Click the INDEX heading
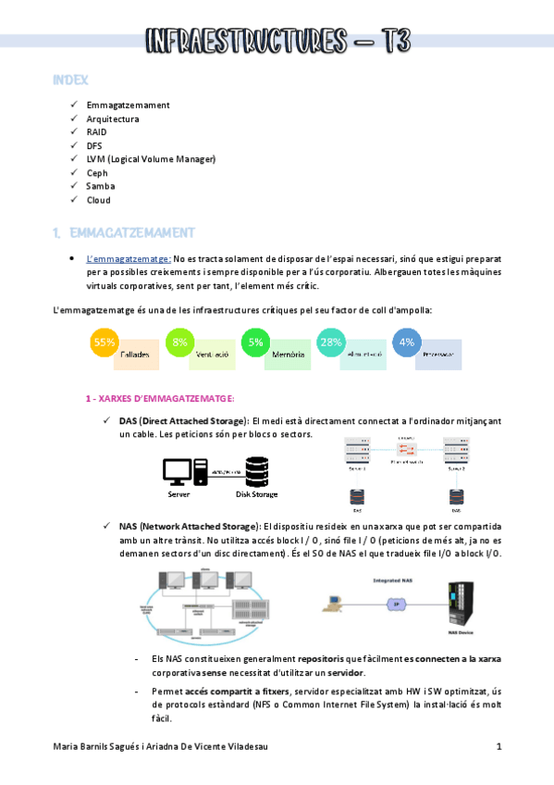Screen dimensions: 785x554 tap(70, 81)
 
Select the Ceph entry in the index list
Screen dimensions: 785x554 tap(98, 172)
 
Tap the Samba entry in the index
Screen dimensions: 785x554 tap(101, 186)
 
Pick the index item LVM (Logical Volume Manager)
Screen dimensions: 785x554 tap(151, 159)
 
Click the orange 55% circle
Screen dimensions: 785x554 tap(105, 342)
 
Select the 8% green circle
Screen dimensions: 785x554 tap(179, 342)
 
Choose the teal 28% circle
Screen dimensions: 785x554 tap(330, 342)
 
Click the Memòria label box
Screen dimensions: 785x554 tap(288, 355)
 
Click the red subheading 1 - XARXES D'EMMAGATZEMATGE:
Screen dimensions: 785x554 tap(159, 398)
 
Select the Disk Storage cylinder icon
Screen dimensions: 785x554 tap(256, 470)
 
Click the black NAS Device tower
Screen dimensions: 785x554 tap(459, 603)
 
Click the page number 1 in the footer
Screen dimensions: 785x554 tap(499, 746)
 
